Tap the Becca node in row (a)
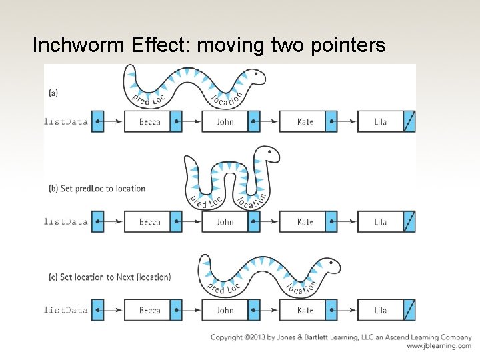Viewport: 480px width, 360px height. click(149, 122)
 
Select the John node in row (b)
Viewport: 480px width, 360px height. click(225, 222)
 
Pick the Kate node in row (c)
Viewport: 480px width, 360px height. click(305, 310)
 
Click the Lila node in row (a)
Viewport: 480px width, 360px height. click(381, 122)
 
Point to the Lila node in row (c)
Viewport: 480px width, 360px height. click(381, 310)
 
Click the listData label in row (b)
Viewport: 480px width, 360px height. click(66, 222)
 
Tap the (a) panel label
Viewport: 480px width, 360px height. click(53, 93)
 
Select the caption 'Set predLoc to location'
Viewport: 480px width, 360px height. click(103, 189)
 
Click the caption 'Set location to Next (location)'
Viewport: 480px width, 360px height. click(115, 277)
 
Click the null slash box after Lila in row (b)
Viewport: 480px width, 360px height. click(410, 222)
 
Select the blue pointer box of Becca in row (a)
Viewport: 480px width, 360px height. click(176, 122)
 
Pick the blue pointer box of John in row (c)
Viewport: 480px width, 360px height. click(254, 310)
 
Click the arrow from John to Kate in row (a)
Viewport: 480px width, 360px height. click(269, 122)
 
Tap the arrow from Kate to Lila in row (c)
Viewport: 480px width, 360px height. click(347, 310)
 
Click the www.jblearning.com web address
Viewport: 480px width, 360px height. click(439, 347)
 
